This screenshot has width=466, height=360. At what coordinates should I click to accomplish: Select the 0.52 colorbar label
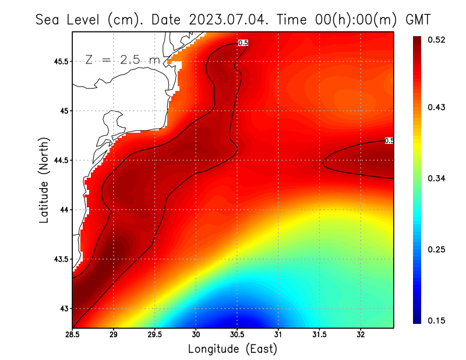[437, 40]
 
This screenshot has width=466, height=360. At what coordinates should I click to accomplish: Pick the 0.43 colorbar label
[437, 107]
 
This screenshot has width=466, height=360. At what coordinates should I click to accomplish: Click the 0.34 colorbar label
[437, 178]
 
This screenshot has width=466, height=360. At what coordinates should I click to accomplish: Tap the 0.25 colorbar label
[437, 249]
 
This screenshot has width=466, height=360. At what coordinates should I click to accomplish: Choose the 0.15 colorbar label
[437, 320]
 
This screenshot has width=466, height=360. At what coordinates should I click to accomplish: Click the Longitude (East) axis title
[233, 349]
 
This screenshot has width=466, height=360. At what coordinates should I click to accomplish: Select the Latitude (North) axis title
[44, 178]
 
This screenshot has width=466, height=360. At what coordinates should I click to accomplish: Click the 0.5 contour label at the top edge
[243, 43]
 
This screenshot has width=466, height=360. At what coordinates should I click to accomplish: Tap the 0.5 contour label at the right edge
[390, 140]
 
